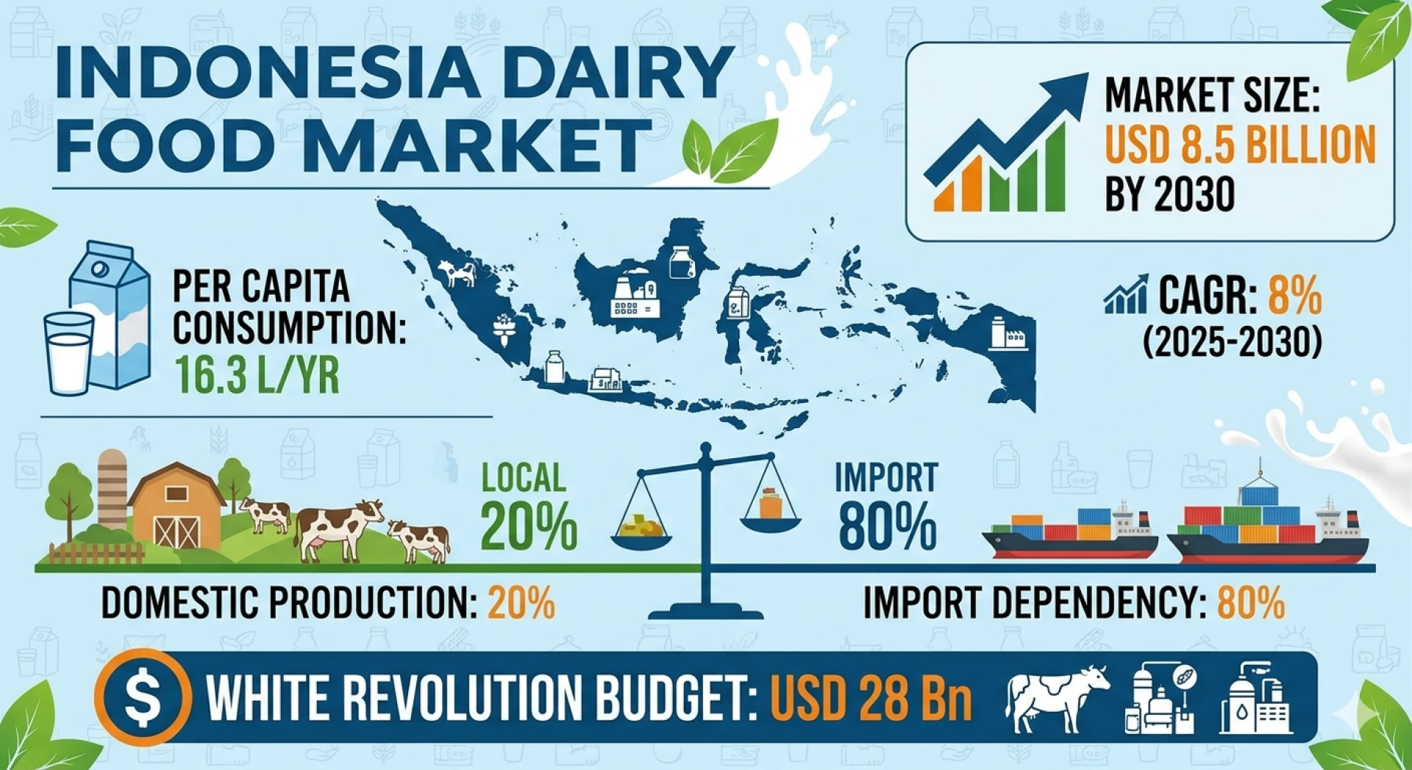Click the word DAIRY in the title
pos(606,72)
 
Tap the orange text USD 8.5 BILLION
pos(1240,144)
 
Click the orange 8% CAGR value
pos(1295,296)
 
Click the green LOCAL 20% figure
pos(528,506)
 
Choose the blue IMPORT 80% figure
pos(887,506)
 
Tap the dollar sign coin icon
pos(143,696)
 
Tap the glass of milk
pos(69,354)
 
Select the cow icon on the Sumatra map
pos(457,274)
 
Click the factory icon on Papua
pos(1008,332)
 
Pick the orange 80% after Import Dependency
pos(1251,603)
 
